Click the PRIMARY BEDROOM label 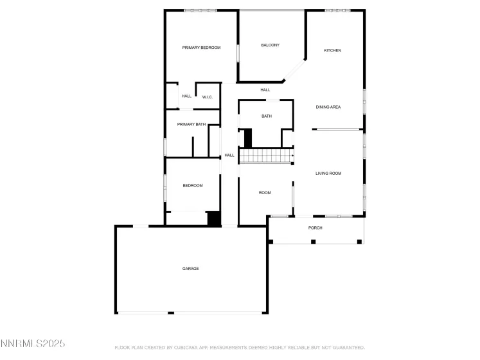pyautogui.click(x=201, y=48)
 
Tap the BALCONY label pyautogui.click(x=270, y=45)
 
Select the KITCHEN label pyautogui.click(x=332, y=50)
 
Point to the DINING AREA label pyautogui.click(x=328, y=107)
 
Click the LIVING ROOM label pyautogui.click(x=328, y=174)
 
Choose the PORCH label pyautogui.click(x=315, y=228)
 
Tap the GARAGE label pyautogui.click(x=190, y=268)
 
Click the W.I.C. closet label pyautogui.click(x=207, y=97)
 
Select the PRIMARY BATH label pyautogui.click(x=191, y=124)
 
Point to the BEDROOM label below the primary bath pyautogui.click(x=193, y=186)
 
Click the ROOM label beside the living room pyautogui.click(x=265, y=193)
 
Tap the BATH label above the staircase pyautogui.click(x=266, y=116)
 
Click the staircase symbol pyautogui.click(x=266, y=156)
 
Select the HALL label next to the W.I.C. pyautogui.click(x=186, y=96)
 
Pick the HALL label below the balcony pyautogui.click(x=265, y=90)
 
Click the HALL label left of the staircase pyautogui.click(x=229, y=155)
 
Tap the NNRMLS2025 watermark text pyautogui.click(x=33, y=345)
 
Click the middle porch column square pyautogui.click(x=313, y=242)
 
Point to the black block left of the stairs pyautogui.click(x=248, y=138)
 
